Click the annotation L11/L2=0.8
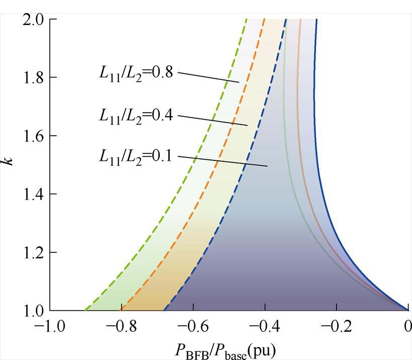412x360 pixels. click(136, 73)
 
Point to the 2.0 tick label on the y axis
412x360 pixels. click(32, 20)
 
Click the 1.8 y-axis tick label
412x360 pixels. click(32, 78)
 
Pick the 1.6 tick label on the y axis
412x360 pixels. click(32, 136)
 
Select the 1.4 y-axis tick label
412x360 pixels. click(32, 195)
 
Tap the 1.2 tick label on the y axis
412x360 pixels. click(32, 252)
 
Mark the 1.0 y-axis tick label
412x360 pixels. click(32, 311)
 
